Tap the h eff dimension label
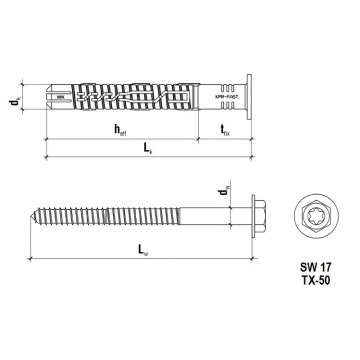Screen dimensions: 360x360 point(120,130)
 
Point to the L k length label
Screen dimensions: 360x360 point(148,148)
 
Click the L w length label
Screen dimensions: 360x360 point(143,250)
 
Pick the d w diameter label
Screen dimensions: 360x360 point(224,190)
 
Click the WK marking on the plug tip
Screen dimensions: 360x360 point(61,97)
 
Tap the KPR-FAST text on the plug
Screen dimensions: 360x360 point(227,97)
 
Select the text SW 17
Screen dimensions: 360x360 point(316,267)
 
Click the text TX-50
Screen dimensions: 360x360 point(316,280)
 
